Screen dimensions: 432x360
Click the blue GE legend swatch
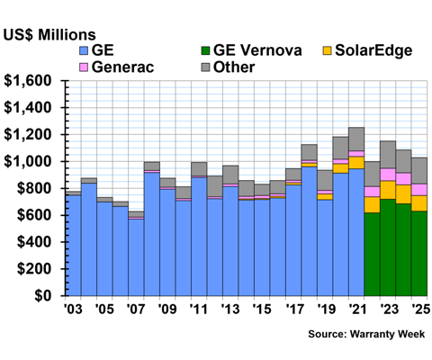[84, 50]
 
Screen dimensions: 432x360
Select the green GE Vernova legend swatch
[205, 50]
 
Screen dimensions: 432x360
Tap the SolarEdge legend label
[373, 50]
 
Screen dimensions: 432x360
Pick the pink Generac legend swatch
[84, 67]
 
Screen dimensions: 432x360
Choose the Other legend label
[234, 67]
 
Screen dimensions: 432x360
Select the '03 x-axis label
[73, 310]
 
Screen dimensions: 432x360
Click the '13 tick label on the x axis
[230, 310]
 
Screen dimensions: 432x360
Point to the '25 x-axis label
[420, 310]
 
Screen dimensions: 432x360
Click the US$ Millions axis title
[49, 35]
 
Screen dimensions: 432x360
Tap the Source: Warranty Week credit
[366, 334]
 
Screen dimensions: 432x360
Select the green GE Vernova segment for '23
[388, 247]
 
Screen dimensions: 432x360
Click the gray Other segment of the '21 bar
[356, 139]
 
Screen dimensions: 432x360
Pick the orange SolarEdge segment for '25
[419, 203]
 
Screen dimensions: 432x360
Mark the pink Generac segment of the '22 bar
[372, 192]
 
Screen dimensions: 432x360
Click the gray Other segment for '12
[215, 186]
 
